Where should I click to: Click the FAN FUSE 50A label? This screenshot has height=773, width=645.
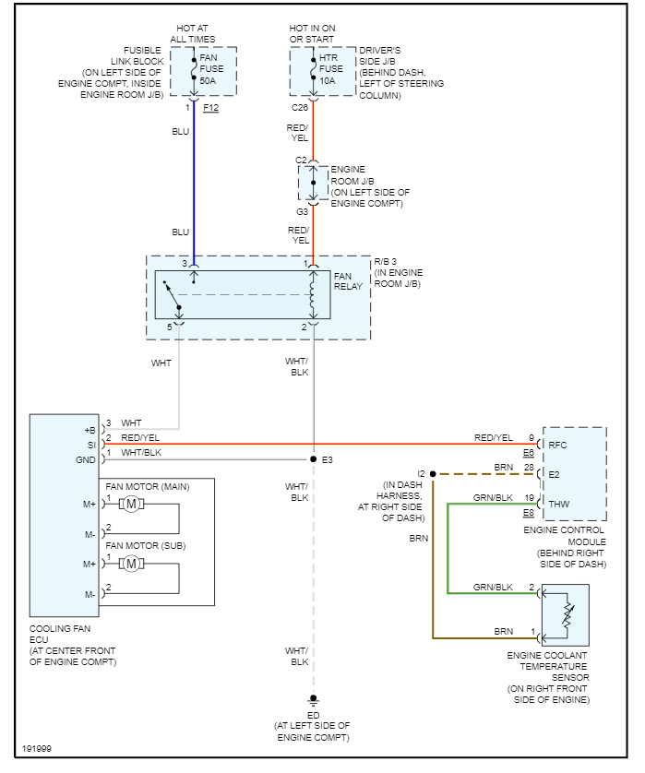click(x=209, y=68)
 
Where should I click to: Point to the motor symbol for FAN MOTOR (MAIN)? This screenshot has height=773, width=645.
click(x=131, y=503)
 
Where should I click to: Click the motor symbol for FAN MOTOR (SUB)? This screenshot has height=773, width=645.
click(x=131, y=563)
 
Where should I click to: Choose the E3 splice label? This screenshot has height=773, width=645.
click(x=328, y=458)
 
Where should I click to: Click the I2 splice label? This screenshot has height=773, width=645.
click(x=421, y=473)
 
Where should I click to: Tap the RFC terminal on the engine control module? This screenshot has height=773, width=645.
click(x=557, y=444)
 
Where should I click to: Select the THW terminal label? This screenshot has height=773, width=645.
click(x=559, y=504)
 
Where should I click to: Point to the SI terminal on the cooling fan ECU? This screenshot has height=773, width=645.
click(x=90, y=445)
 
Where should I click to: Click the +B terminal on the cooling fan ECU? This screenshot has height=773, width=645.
click(x=90, y=430)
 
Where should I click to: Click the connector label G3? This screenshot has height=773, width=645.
click(x=301, y=210)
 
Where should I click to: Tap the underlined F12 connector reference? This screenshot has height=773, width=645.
click(x=211, y=108)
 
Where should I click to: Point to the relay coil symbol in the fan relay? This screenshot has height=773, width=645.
click(x=313, y=295)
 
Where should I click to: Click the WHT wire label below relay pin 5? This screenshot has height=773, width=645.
click(x=161, y=363)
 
